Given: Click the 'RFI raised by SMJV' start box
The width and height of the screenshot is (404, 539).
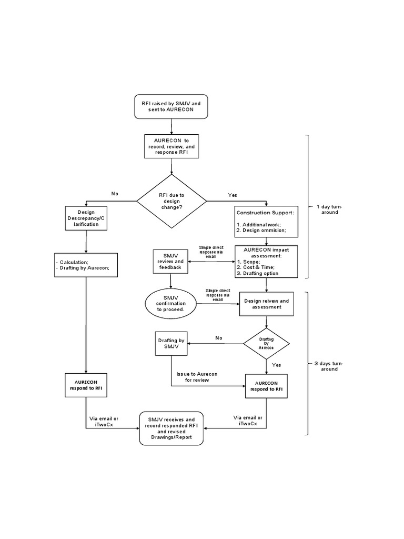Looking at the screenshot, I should (171, 107).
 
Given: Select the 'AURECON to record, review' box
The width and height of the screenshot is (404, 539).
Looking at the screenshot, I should (171, 146).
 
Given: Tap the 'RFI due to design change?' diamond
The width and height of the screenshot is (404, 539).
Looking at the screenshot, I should (171, 201).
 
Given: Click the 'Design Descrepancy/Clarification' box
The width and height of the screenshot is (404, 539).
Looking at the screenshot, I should (86, 217).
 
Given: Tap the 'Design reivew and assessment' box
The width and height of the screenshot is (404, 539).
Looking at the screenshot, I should (266, 303).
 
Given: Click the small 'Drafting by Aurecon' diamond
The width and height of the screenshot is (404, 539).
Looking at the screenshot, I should (266, 344).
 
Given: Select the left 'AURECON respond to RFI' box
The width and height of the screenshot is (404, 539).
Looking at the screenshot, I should (86, 385).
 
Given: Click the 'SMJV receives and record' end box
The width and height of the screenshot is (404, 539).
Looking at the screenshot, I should (171, 427).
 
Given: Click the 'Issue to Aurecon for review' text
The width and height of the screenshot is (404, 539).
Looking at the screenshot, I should (197, 376).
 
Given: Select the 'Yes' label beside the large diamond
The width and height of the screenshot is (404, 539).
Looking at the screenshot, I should (233, 195).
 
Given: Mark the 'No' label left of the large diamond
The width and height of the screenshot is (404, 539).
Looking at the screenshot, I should (115, 194).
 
